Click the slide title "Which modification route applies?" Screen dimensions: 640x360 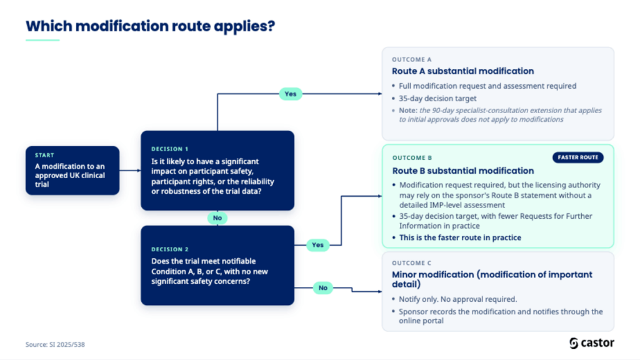pyautogui.click(x=150, y=26)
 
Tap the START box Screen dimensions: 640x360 pyautogui.click(x=72, y=171)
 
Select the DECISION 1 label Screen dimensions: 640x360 pyautogui.click(x=170, y=149)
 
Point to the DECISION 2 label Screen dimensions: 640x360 pyautogui.click(x=170, y=249)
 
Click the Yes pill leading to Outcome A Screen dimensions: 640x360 pyautogui.click(x=290, y=94)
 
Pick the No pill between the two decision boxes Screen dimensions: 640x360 pyautogui.click(x=217, y=218)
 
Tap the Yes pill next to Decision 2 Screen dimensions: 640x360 pyautogui.click(x=317, y=245)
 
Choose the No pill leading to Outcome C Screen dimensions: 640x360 pyautogui.click(x=323, y=287)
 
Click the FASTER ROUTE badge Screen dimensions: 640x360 pyautogui.click(x=578, y=157)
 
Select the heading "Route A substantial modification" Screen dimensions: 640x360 pyautogui.click(x=463, y=71)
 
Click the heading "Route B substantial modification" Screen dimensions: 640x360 pyautogui.click(x=463, y=171)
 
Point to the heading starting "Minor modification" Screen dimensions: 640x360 pyautogui.click(x=492, y=279)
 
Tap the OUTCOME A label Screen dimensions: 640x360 pyautogui.click(x=411, y=59)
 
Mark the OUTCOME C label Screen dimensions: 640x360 pyautogui.click(x=411, y=263)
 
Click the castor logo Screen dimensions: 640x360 pyautogui.click(x=592, y=343)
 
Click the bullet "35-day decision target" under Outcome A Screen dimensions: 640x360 pyautogui.click(x=437, y=98)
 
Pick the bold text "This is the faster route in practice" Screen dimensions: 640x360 pyautogui.click(x=460, y=237)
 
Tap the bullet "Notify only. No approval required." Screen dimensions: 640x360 pyautogui.click(x=458, y=299)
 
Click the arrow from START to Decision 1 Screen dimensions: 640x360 pyautogui.click(x=130, y=171)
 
